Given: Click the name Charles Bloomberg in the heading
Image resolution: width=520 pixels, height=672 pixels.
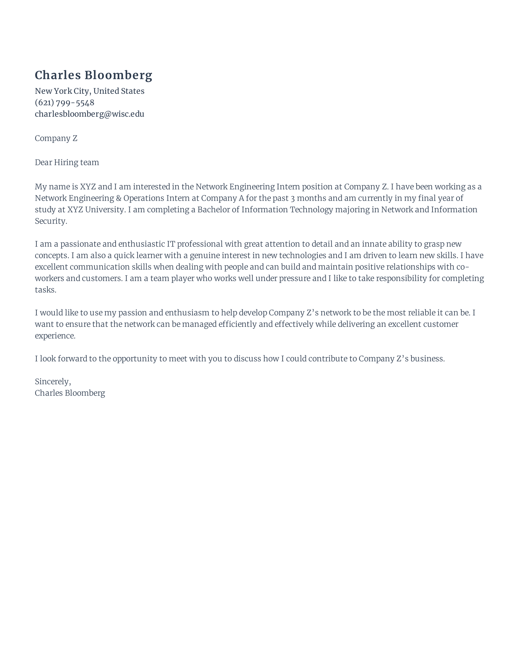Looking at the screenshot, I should tap(93, 75).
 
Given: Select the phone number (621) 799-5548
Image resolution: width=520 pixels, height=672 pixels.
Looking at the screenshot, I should tap(64, 102).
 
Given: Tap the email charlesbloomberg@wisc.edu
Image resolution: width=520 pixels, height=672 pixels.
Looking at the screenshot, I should tap(89, 114).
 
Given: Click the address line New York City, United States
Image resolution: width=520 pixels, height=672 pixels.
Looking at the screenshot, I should tap(89, 91).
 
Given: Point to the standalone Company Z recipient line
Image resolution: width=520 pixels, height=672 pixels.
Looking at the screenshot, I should tap(56, 138).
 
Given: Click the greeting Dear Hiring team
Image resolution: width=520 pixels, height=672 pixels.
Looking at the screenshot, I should tap(67, 163).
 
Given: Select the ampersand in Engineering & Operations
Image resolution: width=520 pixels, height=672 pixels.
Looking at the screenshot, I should tap(119, 198).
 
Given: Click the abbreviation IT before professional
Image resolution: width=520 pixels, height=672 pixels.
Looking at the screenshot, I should tap(171, 244).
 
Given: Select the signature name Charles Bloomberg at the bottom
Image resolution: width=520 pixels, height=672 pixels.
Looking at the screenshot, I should tap(70, 393).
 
